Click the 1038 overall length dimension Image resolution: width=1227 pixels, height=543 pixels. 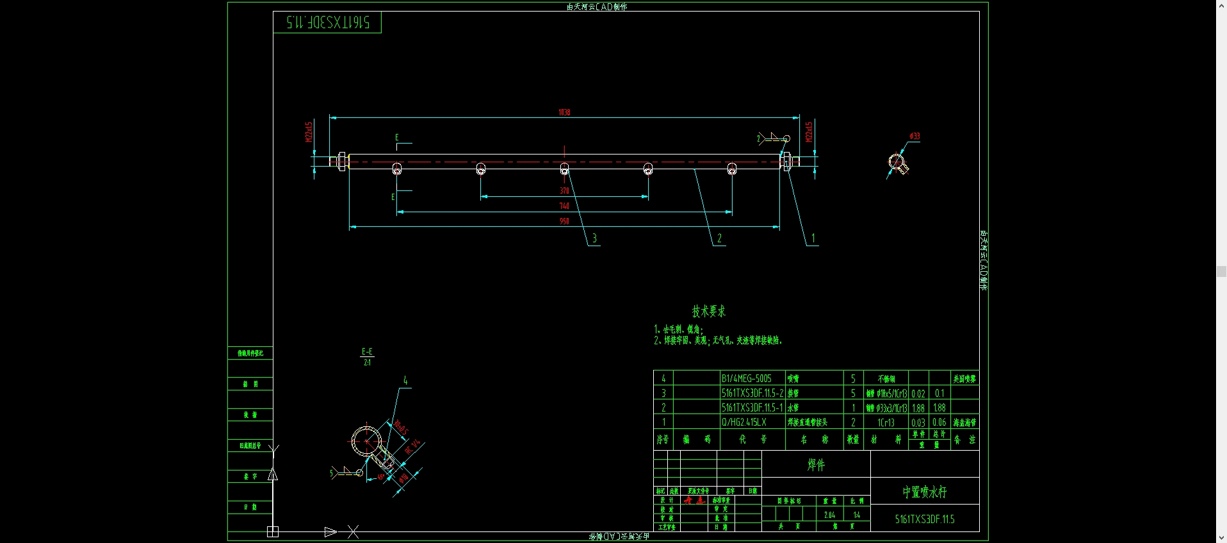[x=564, y=112]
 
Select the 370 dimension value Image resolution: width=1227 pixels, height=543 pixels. [x=564, y=190]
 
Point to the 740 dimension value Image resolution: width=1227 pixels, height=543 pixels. [x=564, y=206]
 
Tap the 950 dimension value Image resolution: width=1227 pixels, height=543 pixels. [x=564, y=221]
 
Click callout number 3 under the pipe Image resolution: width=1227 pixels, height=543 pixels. [x=594, y=238]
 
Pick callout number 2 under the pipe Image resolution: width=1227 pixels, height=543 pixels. [x=719, y=238]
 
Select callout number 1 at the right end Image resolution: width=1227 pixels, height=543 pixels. [x=813, y=238]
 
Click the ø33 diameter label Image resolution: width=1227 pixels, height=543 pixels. [x=914, y=136]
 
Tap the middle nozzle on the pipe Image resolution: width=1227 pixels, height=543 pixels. [x=564, y=169]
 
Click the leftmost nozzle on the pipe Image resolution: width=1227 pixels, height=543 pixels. [x=397, y=169]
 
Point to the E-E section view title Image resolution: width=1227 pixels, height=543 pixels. [x=367, y=352]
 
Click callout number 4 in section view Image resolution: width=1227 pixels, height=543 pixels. [x=405, y=381]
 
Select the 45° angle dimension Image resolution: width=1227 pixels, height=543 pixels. [x=381, y=476]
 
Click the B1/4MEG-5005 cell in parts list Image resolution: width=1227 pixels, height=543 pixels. [x=747, y=379]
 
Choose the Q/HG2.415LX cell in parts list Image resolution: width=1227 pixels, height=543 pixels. [x=744, y=422]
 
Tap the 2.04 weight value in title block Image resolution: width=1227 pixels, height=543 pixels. [x=829, y=515]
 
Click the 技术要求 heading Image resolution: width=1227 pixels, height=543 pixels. [x=708, y=312]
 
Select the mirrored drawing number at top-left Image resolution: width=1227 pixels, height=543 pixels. [x=328, y=22]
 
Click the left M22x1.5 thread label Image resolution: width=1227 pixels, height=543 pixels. [x=309, y=132]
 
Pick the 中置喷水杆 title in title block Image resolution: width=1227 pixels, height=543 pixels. [x=925, y=492]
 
